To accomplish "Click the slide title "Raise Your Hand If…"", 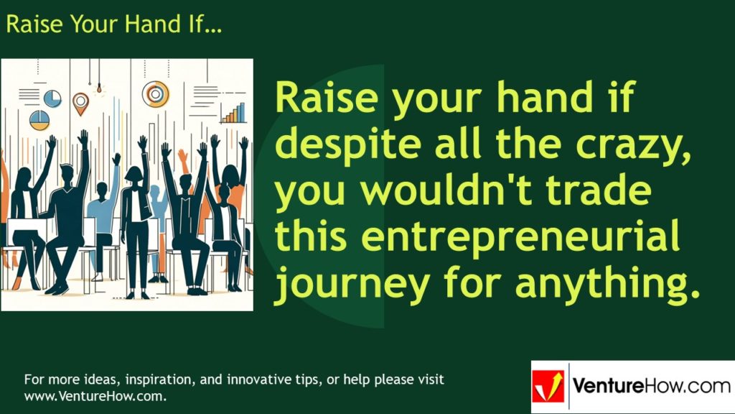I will tap(113, 24).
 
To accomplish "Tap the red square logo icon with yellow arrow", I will tap(548, 387).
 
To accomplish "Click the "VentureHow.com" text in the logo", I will tap(650, 386).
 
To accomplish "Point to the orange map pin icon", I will tap(80, 101).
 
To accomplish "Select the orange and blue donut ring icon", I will tap(155, 93).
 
